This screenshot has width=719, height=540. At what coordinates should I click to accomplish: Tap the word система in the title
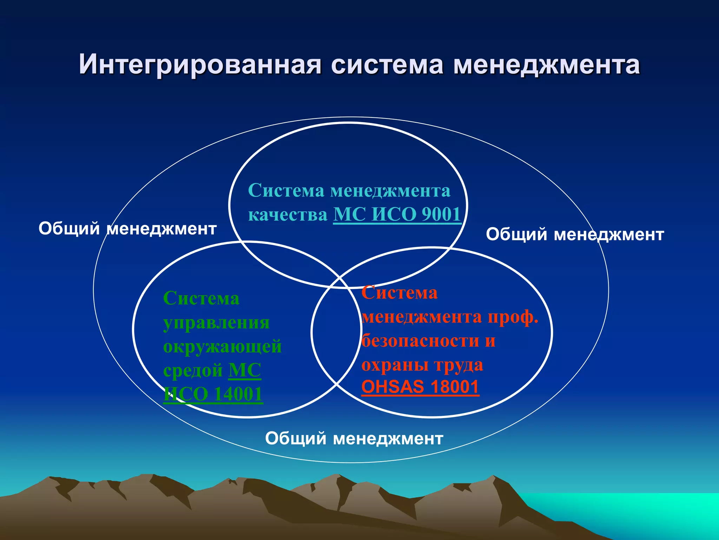[x=387, y=65]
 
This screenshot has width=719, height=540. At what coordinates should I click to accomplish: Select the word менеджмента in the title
[x=547, y=65]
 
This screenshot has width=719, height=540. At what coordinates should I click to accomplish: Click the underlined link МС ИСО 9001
[x=397, y=214]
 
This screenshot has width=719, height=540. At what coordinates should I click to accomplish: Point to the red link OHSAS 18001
[x=420, y=387]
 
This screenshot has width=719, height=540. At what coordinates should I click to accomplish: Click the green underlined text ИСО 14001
[x=213, y=394]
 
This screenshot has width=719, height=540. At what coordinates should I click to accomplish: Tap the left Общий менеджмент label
[x=127, y=229]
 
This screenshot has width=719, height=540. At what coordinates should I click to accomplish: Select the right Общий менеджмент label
[x=575, y=234]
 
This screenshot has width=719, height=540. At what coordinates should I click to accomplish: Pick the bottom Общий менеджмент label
[x=354, y=438]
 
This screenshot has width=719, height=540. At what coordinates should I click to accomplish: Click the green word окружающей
[x=222, y=346]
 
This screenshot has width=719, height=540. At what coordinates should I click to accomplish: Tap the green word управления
[x=216, y=322]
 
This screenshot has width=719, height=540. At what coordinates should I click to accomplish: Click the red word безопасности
[x=420, y=340]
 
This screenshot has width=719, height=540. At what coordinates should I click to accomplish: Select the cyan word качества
[x=288, y=214]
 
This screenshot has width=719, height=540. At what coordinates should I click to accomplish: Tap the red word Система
[x=400, y=292]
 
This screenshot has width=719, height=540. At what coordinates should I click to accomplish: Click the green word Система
[x=201, y=298]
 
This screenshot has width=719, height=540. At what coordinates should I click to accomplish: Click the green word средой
[x=193, y=370]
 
